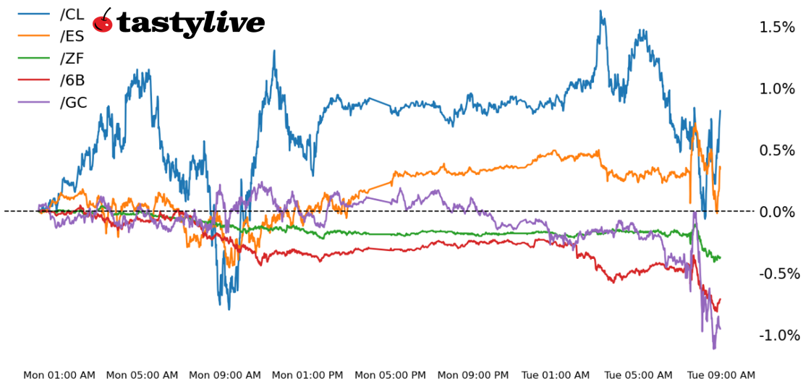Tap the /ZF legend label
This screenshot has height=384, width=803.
72,57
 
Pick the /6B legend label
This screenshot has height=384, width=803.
72,80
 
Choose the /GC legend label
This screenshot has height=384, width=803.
73,102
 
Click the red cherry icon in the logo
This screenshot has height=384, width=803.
103,22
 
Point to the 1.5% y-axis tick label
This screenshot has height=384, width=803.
777,27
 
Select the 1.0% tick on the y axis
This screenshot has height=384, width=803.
777,89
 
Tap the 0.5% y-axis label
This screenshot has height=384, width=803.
777,150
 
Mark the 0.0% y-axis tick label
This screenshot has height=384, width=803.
777,212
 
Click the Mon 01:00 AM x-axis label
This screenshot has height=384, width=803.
59,375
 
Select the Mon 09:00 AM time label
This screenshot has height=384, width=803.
225,375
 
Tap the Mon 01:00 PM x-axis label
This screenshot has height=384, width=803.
308,375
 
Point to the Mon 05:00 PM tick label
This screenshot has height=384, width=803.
391,375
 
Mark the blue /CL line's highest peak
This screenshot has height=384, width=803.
600,12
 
